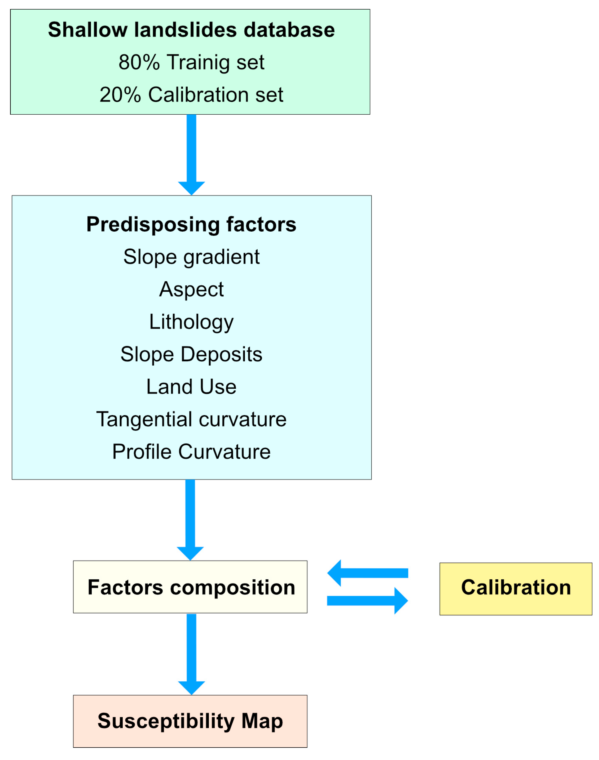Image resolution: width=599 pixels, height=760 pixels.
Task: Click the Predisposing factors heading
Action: point(191,224)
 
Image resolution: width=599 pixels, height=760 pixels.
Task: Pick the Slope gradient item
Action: point(191,257)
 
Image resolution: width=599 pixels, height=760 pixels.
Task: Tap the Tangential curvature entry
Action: point(191,419)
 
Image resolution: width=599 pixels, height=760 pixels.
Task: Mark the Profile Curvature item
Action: point(191,452)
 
